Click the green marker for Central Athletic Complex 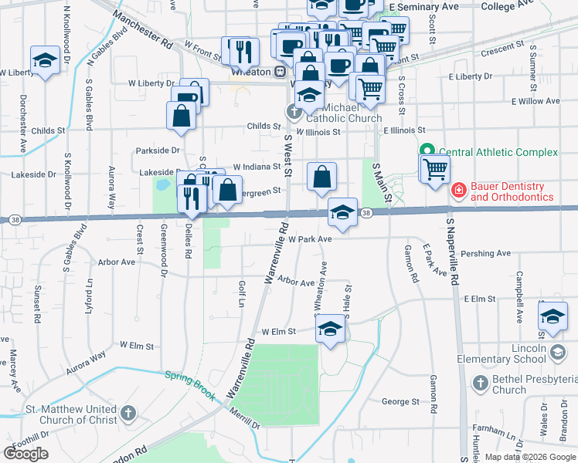424,151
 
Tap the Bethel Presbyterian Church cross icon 480,383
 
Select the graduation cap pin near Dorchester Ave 46,60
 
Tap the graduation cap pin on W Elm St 330,330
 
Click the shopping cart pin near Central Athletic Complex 435,167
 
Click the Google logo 26,454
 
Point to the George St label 400,401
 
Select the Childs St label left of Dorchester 48,131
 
